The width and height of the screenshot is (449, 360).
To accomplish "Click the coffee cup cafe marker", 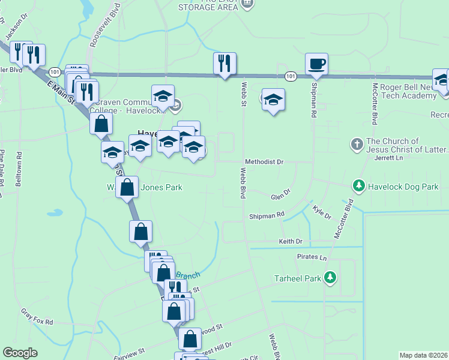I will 316,64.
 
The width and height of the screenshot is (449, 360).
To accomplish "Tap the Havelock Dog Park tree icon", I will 359,186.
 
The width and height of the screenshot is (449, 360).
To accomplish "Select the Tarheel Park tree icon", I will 330,278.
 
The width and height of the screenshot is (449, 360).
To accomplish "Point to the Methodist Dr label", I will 264,162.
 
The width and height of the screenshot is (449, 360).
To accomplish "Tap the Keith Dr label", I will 291,241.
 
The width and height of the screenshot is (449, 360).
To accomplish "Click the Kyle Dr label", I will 322,212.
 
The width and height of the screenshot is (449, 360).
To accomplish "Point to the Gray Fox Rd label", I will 37,317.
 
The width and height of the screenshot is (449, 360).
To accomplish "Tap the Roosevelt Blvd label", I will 96,31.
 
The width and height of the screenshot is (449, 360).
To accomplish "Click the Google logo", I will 20,353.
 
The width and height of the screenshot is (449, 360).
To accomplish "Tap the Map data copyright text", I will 424,355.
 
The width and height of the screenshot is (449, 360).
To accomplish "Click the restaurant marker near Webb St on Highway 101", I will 224,64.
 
